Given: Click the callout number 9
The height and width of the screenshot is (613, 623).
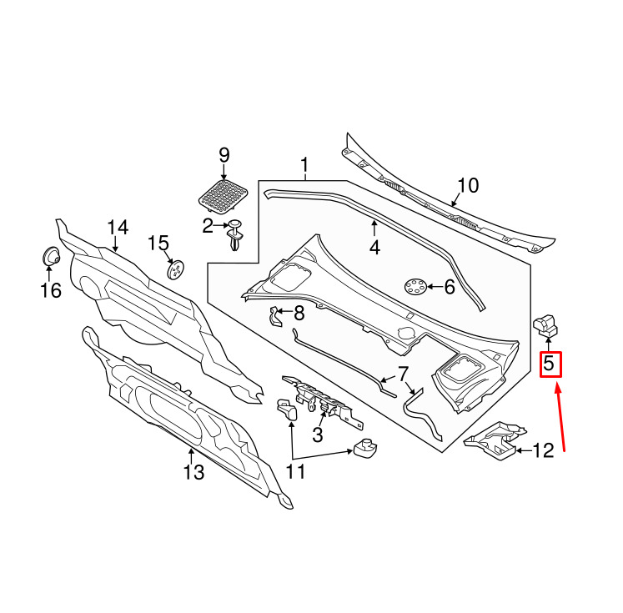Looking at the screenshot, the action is (224, 155).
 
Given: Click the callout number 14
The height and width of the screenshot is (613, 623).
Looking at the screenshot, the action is (118, 228).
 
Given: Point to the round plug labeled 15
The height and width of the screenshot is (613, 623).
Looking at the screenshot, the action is (176, 269).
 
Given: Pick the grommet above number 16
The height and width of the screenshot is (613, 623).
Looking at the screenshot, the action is (51, 256).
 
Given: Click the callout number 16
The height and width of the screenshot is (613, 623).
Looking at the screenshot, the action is (51, 290).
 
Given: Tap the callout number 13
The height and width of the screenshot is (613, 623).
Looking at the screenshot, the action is (193, 472).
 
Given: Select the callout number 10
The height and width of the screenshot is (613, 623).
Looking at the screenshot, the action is (468, 185).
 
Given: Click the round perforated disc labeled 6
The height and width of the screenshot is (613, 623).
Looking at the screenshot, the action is (415, 286).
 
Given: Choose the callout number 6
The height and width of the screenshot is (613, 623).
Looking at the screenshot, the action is (450, 287).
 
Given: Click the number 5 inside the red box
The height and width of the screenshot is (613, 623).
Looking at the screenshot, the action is (549, 364).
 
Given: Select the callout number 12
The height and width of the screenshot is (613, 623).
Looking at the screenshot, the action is (543, 450).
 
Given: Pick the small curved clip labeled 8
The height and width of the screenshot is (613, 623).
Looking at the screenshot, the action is (275, 316).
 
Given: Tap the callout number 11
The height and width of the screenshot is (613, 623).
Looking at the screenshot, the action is (295, 472).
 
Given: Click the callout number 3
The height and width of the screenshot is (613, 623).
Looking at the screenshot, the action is (318, 435).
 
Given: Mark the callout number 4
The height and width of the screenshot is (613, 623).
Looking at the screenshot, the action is (374, 247).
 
